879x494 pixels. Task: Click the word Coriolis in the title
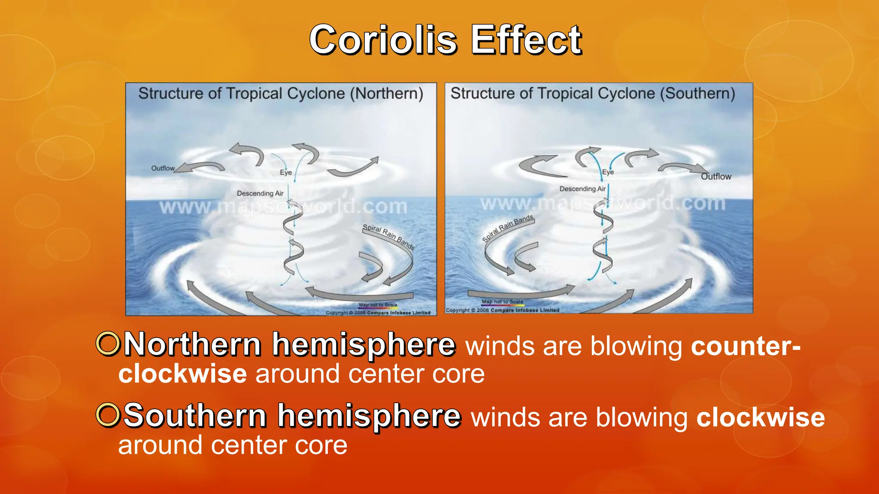coord(383,40)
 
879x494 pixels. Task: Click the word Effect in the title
coord(526,40)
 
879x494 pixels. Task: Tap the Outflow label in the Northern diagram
coord(163,168)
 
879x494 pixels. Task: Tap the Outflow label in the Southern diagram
coord(716,176)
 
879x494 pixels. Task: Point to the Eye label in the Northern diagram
coord(286,172)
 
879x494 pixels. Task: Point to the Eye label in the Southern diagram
coord(608,172)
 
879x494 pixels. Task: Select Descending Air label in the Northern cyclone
coord(260,193)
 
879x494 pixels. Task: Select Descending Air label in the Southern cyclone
coord(582,189)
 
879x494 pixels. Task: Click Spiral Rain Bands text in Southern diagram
coord(508,228)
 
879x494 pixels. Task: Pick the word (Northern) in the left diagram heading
coord(387,93)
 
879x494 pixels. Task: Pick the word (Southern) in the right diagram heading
coord(697,93)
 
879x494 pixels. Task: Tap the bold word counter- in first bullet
coord(746,346)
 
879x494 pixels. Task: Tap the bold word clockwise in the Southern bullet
coord(760,417)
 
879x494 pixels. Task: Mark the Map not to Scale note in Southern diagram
coord(502,301)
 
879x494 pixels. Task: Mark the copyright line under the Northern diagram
coord(378,313)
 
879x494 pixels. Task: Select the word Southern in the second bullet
coord(195,416)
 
